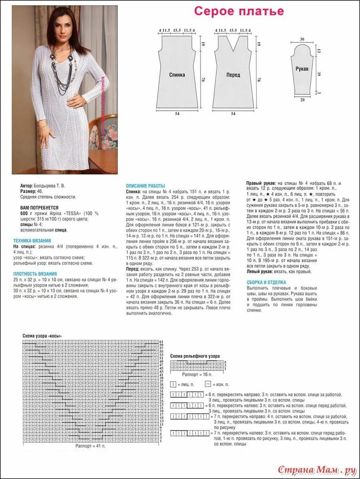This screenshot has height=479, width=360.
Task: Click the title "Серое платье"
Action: coord(239,11)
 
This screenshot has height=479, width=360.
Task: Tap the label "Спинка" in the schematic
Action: coord(177,75)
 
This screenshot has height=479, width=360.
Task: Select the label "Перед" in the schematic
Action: coord(233,75)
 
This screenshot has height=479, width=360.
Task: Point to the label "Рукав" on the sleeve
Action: coord(302,69)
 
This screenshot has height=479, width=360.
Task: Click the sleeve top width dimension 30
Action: coord(302,39)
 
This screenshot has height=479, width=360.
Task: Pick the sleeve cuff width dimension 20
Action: coord(302,100)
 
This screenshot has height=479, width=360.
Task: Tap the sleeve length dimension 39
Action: coord(318,74)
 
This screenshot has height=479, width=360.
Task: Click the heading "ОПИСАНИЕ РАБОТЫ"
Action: coord(145,186)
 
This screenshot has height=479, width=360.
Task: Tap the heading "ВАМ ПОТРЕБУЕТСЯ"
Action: coord(39,208)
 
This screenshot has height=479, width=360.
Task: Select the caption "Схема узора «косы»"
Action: coord(42,336)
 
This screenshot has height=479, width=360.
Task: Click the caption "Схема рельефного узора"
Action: coord(195,356)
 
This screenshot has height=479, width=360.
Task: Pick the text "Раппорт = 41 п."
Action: coord(90,445)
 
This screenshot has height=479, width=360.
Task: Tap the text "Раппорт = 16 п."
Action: coord(197,375)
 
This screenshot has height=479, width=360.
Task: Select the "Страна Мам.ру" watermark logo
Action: coord(317,470)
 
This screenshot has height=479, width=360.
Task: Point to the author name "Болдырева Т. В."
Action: coord(48,186)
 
